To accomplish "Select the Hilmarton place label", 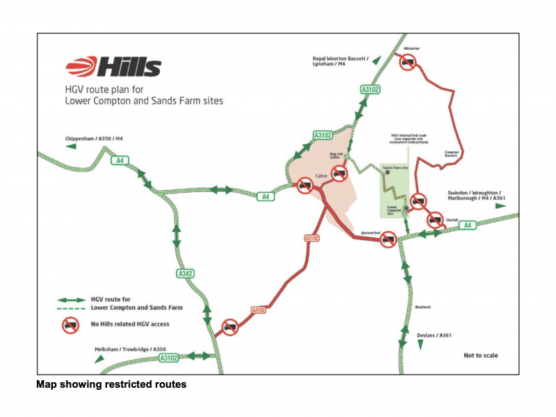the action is tap(411, 49).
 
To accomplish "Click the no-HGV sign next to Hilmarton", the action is tap(407, 63).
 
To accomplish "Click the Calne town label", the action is tap(321, 175).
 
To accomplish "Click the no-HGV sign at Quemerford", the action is tap(388, 240).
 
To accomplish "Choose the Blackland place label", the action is tap(423, 306).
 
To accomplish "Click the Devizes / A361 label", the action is tap(434, 335).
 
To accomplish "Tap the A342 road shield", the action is tap(186, 274).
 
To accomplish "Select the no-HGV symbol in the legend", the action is tap(70, 324).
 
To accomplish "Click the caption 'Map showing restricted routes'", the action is tap(111, 384).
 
